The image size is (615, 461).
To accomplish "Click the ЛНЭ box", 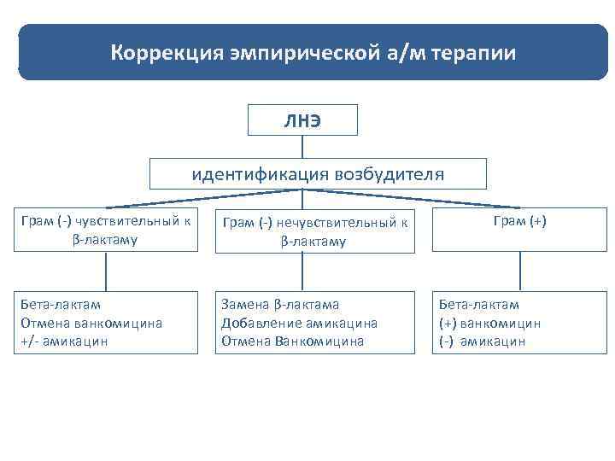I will pos(302,120).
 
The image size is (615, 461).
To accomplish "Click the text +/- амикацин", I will pos(60,341).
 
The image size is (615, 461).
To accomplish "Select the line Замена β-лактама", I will pos(280,304).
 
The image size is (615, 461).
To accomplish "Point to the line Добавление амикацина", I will pos(299,323).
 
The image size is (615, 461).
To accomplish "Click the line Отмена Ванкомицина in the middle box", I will pos(292,341).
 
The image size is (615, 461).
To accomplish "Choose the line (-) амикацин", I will pos(483,341).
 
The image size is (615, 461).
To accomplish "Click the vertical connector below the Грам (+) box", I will pos(519,271).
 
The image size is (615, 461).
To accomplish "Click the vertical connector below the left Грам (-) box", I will pos(105,271).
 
